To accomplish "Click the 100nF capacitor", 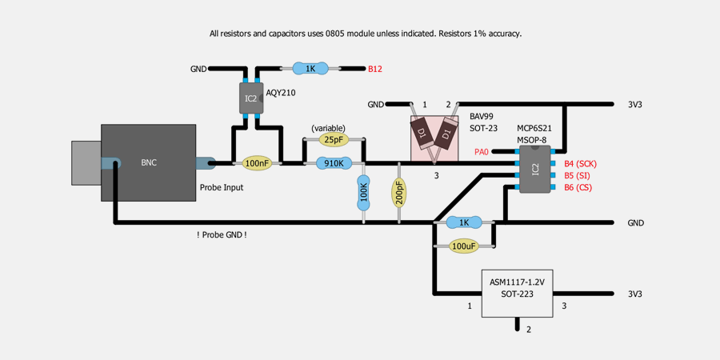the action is tap(257, 163).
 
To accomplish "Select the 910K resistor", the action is tap(334, 163).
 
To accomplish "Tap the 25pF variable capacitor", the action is tap(334, 139).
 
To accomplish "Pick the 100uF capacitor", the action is tap(464, 246).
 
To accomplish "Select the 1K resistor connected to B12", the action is tap(310, 69).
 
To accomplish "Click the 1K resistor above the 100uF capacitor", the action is tap(464, 222).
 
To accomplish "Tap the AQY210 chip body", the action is tap(251, 98).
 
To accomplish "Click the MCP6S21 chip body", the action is tap(534, 169).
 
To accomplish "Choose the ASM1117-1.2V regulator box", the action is tap(517, 293).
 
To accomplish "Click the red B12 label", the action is tap(375, 70).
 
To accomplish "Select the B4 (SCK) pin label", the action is tap(581, 163).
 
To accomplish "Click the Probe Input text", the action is tap(222, 187).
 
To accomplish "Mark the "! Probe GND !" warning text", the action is tap(222, 234).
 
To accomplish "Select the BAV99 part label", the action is tap(481, 117).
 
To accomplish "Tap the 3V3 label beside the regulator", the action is tap(634, 294).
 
